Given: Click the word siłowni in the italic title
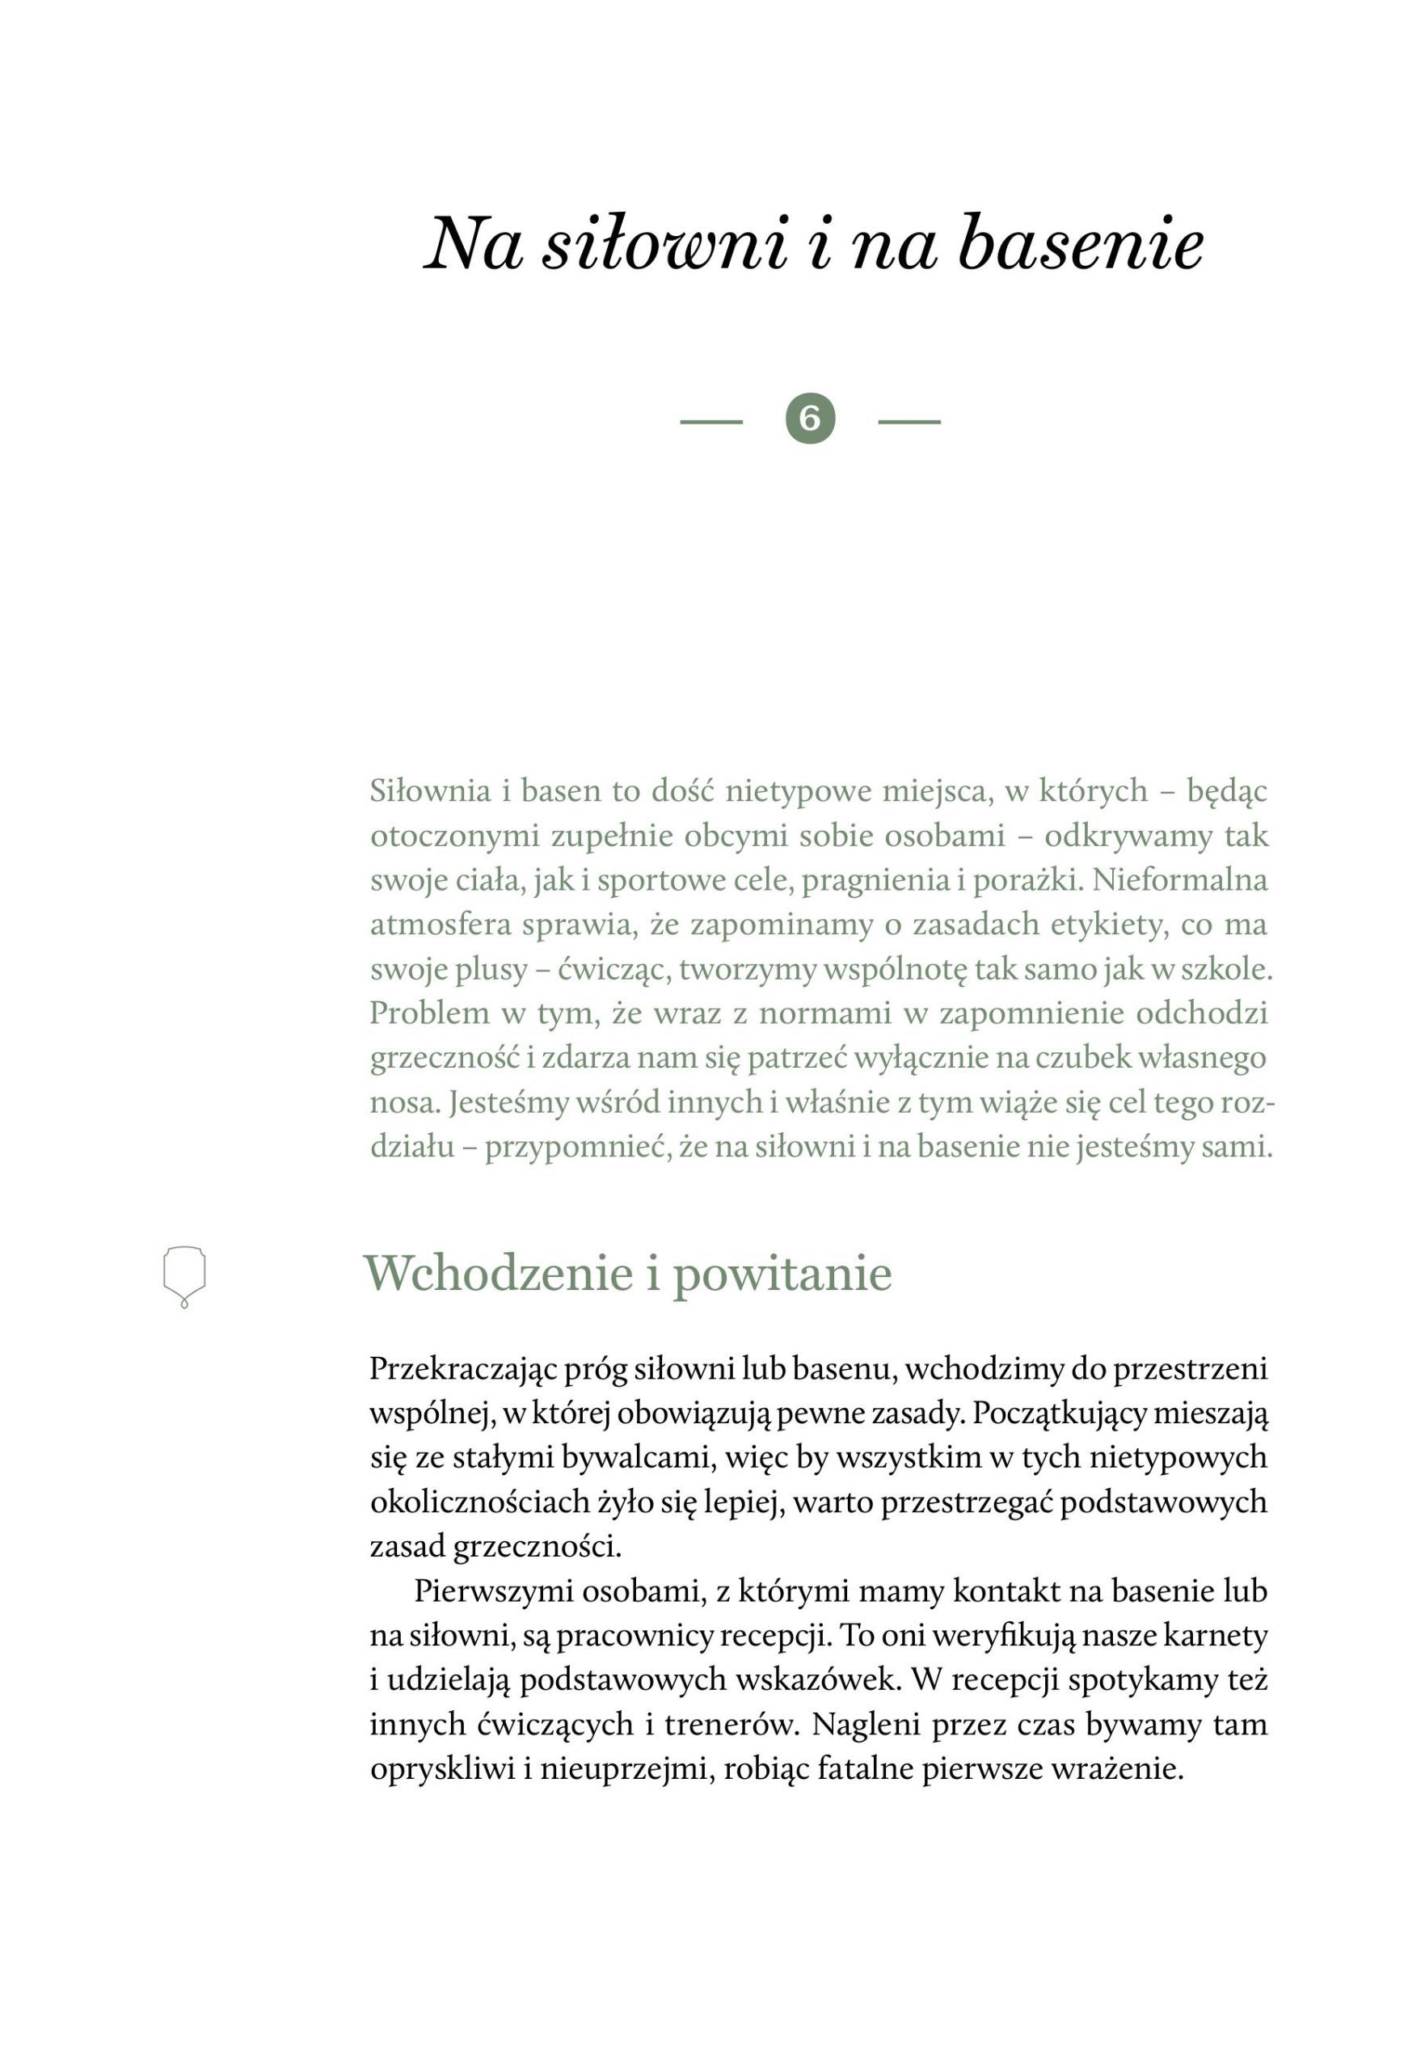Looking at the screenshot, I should [665, 245].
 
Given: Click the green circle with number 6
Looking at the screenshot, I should [810, 419].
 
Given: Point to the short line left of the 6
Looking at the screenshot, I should [710, 421].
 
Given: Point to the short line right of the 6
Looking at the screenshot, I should [909, 421].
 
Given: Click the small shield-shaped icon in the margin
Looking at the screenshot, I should [184, 1275].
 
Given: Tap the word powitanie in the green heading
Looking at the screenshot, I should [782, 1274].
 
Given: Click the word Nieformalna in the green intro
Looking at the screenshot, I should [1179, 880].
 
